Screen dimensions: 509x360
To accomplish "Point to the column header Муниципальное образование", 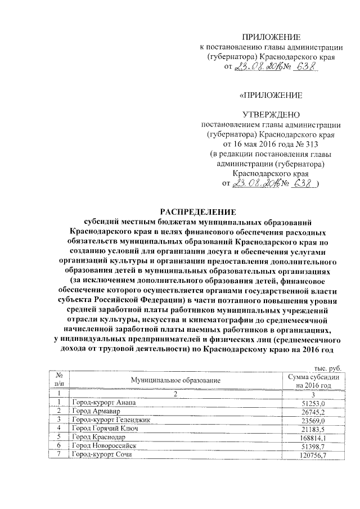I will pos(174,381).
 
